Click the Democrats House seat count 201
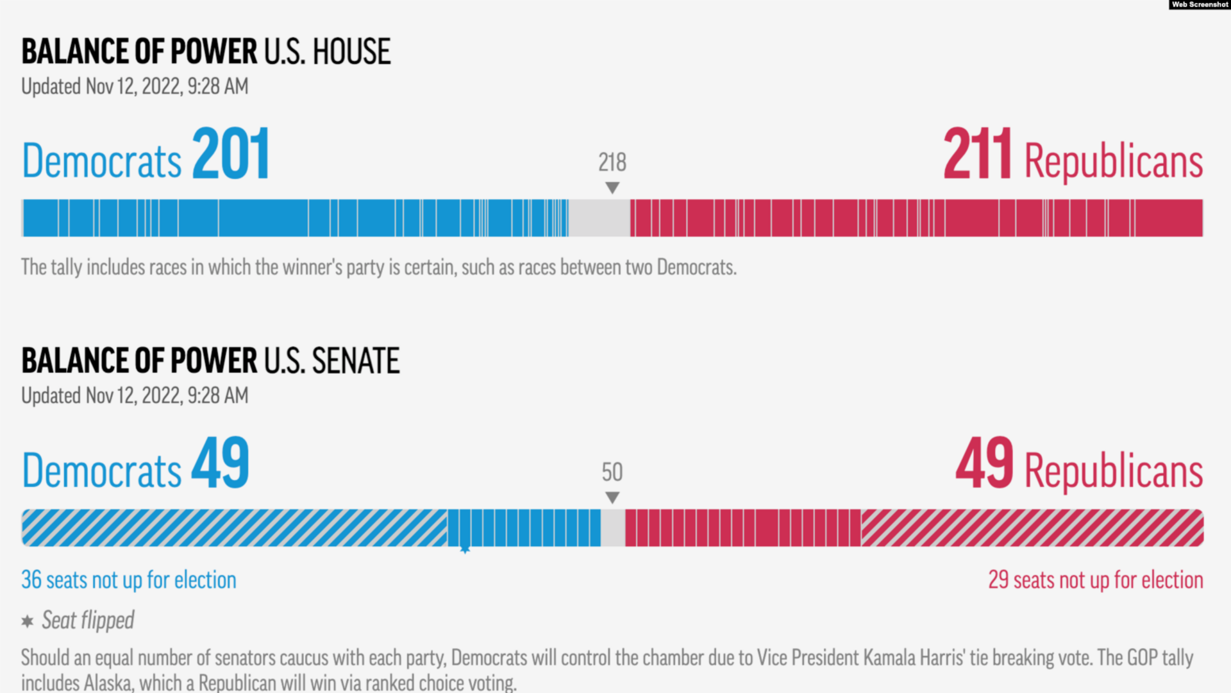tap(231, 154)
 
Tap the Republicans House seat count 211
tap(977, 154)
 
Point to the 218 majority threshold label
tap(612, 162)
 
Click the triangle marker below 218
tap(612, 187)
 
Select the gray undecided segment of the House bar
tap(599, 218)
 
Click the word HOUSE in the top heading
tap(351, 52)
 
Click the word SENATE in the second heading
tap(356, 361)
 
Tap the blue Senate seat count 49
tap(221, 463)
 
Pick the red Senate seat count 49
tap(985, 463)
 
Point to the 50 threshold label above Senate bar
tap(612, 472)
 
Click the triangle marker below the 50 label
tap(612, 497)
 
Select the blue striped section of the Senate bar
tap(234, 528)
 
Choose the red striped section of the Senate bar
tap(1032, 528)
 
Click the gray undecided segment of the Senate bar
tap(613, 528)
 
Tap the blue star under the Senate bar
tap(465, 549)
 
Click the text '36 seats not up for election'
tap(129, 580)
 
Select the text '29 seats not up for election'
tap(1095, 580)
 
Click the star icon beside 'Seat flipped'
tap(28, 621)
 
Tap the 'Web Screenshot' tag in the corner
tap(1200, 4)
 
